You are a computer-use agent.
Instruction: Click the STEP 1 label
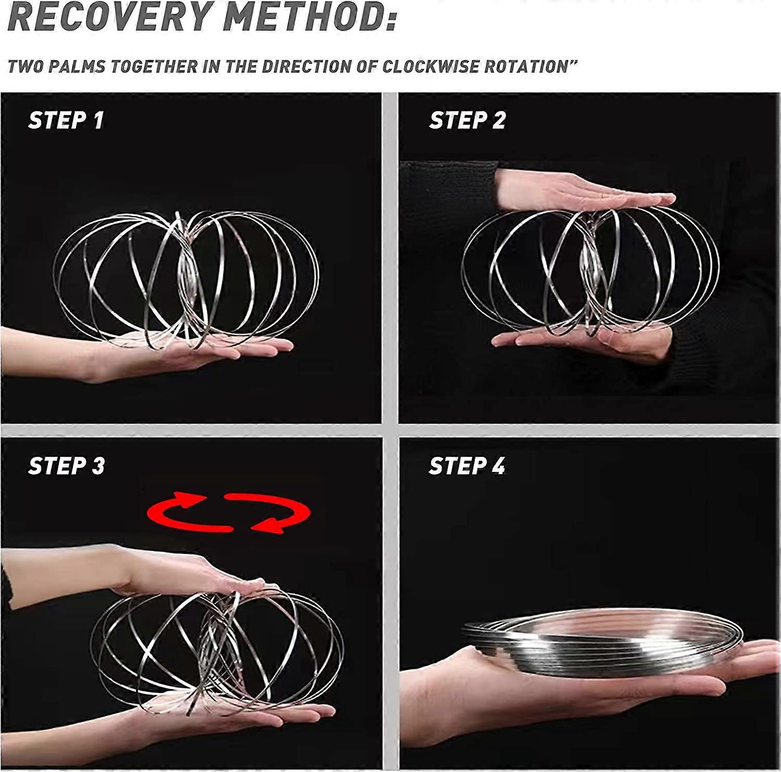66,120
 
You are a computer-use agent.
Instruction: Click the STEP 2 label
467,120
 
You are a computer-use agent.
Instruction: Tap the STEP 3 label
67,466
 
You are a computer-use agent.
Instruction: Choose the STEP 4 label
467,466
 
